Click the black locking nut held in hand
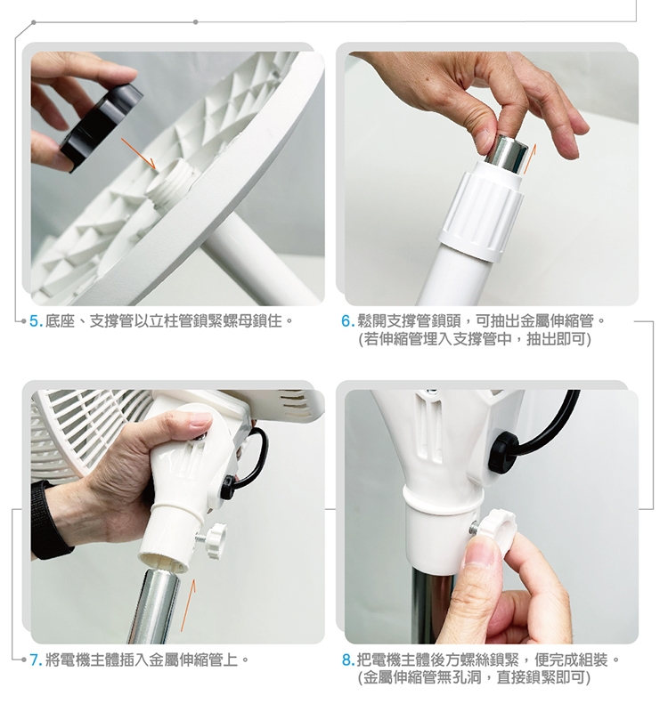pyautogui.click(x=101, y=126)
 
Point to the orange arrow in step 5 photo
pyautogui.click(x=138, y=153)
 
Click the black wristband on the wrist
pyautogui.click(x=47, y=521)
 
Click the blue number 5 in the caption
pyautogui.click(x=34, y=321)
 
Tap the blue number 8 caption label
pyautogui.click(x=347, y=660)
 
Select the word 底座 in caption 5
pyautogui.click(x=60, y=321)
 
